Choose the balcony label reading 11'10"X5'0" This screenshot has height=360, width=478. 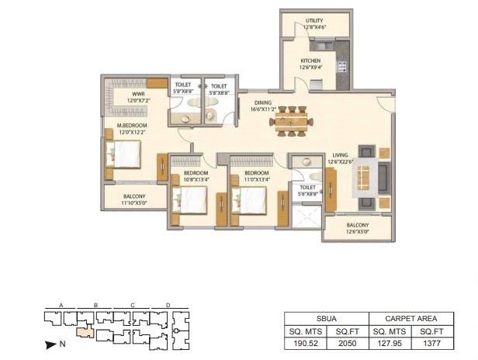[x=133, y=200]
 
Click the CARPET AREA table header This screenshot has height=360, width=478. [x=410, y=318]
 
